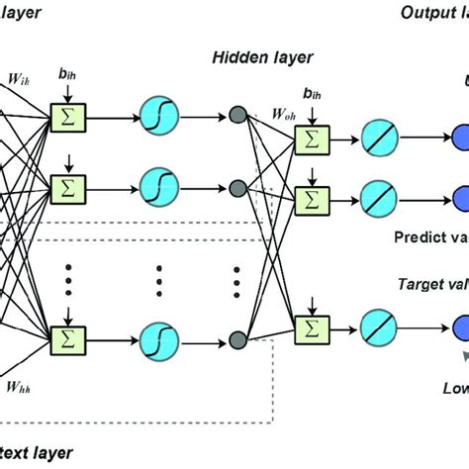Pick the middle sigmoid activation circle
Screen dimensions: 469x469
(x=158, y=187)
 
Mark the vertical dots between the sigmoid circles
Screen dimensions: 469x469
(x=158, y=285)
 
